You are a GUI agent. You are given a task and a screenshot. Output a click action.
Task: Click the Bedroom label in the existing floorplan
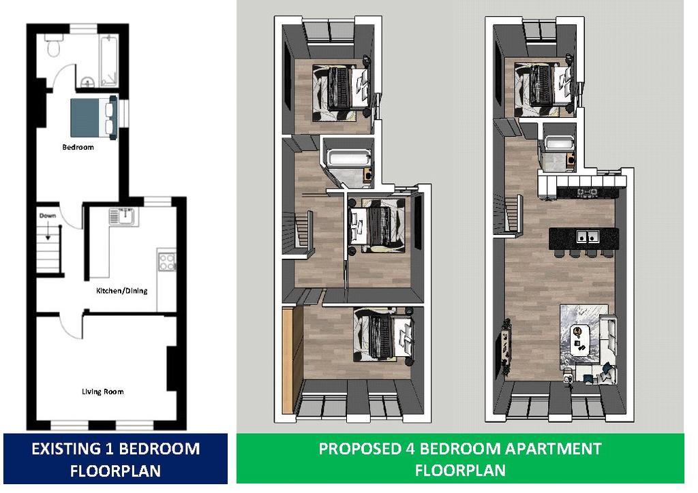78,147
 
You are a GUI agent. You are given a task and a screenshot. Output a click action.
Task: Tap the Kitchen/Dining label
121,291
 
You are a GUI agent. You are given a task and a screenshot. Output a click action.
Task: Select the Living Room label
102,392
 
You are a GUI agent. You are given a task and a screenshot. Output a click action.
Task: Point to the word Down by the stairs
48,216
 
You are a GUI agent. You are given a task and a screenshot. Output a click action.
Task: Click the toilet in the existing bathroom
53,47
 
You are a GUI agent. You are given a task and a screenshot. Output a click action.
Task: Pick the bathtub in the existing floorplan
109,61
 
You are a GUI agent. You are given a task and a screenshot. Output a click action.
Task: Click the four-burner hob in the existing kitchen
167,261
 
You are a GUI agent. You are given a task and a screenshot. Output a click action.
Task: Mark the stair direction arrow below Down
48,234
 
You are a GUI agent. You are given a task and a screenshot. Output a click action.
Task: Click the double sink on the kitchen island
588,236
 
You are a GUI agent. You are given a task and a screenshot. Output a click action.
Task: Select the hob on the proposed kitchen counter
587,193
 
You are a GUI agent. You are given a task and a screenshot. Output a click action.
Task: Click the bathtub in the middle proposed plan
348,158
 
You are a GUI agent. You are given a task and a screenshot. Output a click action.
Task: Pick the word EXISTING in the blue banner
63,449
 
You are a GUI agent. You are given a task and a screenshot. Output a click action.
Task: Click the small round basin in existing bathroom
88,82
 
